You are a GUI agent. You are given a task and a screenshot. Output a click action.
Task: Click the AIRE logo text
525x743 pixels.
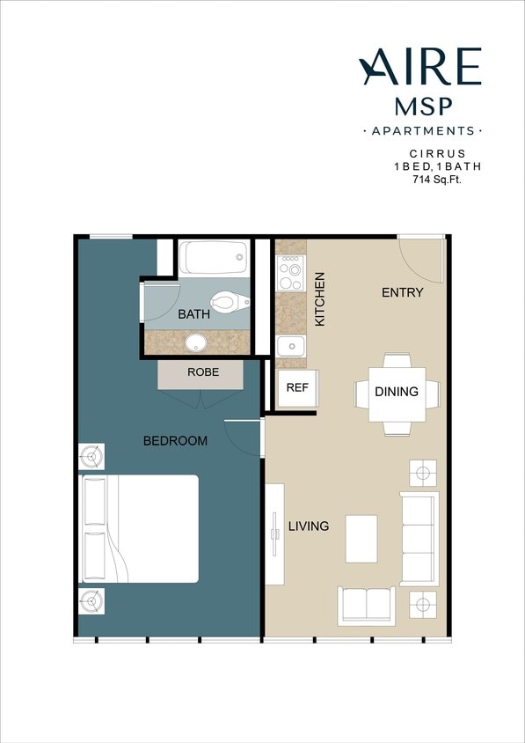click(420, 68)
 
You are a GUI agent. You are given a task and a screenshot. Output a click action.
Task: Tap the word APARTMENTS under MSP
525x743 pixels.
click(422, 130)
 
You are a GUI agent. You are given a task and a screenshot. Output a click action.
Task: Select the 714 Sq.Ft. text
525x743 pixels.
click(437, 179)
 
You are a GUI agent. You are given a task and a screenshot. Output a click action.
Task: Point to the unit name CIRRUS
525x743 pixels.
click(436, 152)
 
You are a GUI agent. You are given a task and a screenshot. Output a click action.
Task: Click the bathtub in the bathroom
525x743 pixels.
click(214, 257)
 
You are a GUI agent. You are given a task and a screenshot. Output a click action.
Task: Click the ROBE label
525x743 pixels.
click(201, 372)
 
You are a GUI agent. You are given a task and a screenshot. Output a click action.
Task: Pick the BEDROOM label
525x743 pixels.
click(175, 440)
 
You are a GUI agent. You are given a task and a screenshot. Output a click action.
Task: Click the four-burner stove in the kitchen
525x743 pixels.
click(291, 273)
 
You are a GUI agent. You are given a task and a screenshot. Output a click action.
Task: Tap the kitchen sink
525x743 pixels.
click(290, 346)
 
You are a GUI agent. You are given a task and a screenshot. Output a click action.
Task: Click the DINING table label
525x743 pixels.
click(396, 392)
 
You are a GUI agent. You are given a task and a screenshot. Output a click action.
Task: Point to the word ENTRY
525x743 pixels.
click(402, 292)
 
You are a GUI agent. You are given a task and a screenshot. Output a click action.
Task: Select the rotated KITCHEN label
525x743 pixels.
click(320, 299)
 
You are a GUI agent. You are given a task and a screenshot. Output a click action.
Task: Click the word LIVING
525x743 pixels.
click(308, 526)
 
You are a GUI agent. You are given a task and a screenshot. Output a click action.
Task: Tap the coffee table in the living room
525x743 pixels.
click(361, 539)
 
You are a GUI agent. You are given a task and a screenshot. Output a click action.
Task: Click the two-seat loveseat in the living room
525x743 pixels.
click(366, 605)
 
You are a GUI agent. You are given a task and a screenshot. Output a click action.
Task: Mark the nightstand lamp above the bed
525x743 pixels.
click(91, 456)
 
